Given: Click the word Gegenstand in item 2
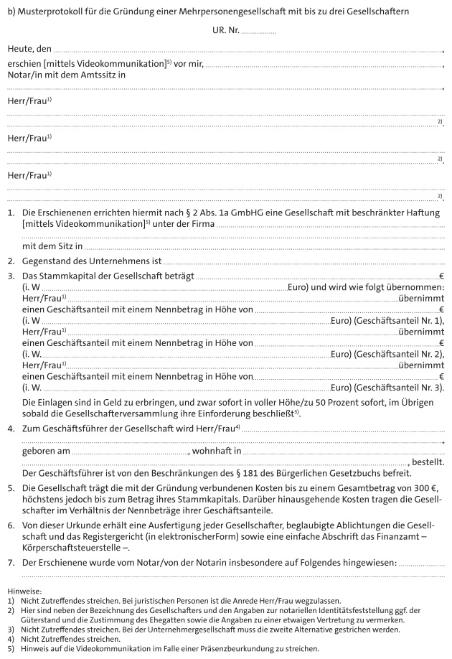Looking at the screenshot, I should pyautogui.click(x=48, y=262).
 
